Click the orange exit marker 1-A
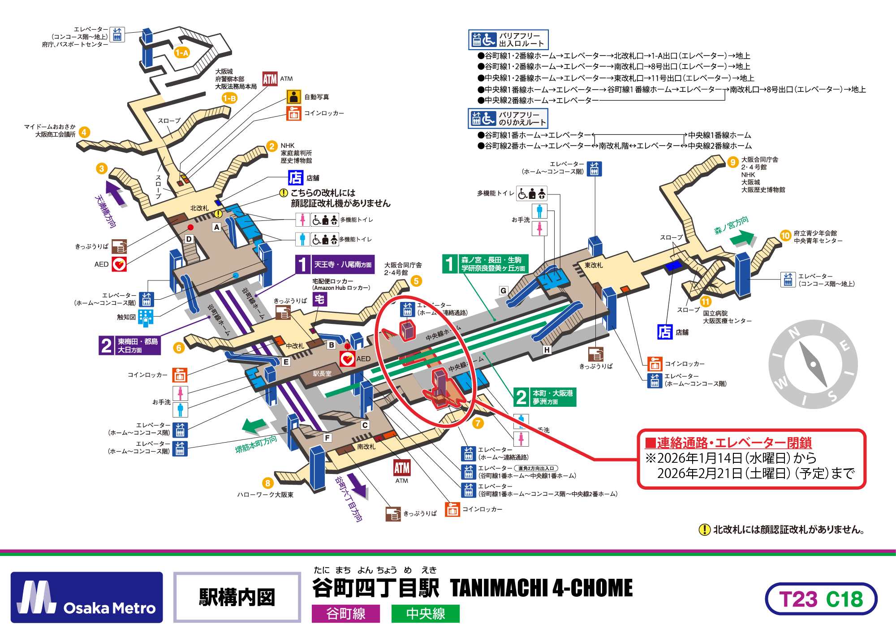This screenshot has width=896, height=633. point(182,53)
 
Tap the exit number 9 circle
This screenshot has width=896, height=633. point(733,162)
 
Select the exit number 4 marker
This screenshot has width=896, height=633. point(84,132)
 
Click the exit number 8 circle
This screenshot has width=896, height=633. point(267,483)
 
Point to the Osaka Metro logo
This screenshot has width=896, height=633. point(87,597)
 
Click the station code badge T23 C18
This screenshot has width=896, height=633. point(821,599)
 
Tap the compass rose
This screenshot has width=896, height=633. point(813,364)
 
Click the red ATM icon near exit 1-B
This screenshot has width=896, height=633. point(270,79)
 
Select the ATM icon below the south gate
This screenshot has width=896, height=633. point(402,468)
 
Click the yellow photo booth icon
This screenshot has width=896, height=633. point(293,97)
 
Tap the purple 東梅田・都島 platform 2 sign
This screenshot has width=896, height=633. point(130,345)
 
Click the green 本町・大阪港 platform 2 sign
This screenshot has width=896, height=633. point(545,397)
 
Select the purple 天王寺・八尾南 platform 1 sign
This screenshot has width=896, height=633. point(335,264)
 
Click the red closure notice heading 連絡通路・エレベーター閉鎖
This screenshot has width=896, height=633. point(728,443)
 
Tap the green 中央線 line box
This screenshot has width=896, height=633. point(425,613)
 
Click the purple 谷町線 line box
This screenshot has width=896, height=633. point(345,613)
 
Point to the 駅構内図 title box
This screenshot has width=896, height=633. point(237,597)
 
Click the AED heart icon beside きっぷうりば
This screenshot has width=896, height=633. point(119,264)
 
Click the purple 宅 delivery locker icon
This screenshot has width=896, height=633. point(319,299)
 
